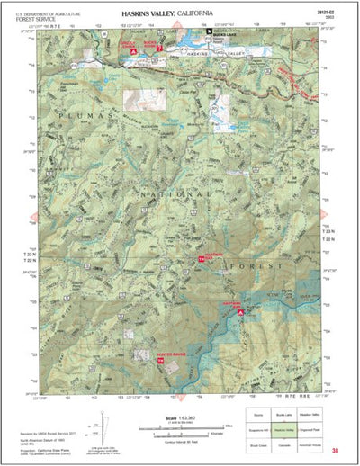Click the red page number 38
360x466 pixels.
335,451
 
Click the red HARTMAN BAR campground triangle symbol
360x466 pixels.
240,312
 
